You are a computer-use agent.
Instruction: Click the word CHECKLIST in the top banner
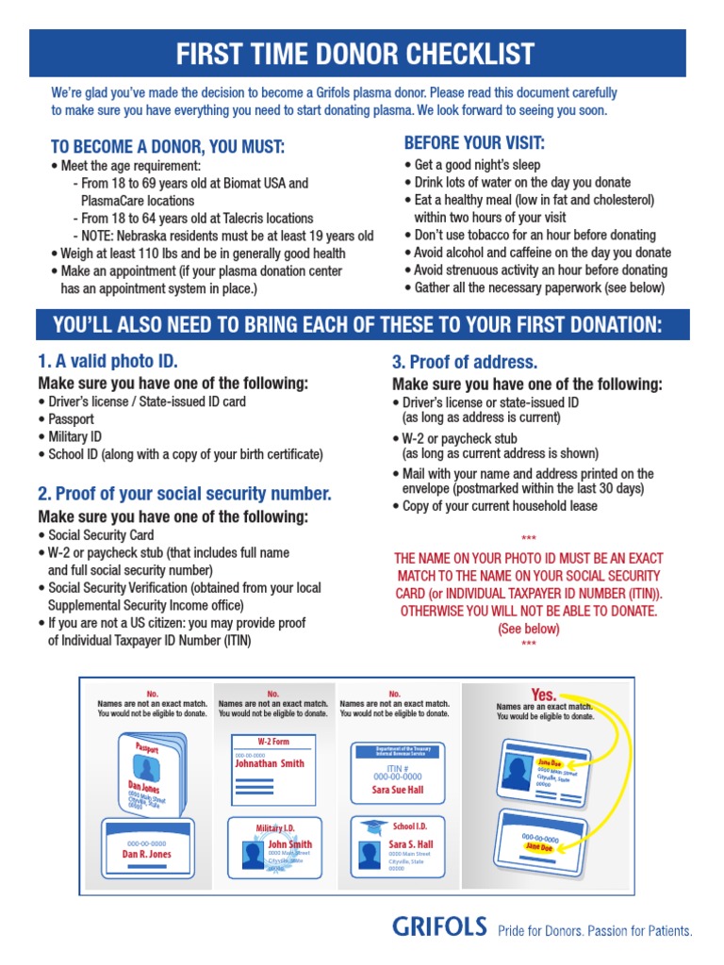point(470,54)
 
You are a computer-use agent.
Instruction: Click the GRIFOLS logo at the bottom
point(439,927)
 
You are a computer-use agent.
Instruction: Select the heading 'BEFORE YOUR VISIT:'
point(474,143)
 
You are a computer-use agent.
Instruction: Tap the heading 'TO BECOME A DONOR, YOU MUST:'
point(167,147)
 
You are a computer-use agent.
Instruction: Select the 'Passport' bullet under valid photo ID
point(71,419)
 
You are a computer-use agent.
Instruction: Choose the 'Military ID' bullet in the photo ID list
point(74,437)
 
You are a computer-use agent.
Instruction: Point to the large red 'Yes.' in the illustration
point(544,695)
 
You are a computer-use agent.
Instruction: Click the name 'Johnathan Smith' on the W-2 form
point(270,763)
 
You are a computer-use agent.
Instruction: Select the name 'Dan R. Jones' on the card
point(146,854)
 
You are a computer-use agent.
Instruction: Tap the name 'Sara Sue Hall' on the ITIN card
point(397,790)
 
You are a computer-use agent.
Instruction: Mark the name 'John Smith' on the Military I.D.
point(289,844)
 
